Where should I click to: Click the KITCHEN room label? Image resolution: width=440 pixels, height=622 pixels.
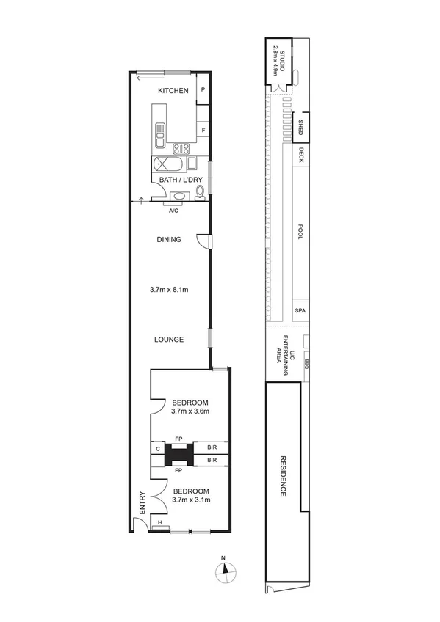coord(173,90)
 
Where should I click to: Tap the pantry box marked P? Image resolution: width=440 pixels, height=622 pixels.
coord(203,90)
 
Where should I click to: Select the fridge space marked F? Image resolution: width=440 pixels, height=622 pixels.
coord(203,131)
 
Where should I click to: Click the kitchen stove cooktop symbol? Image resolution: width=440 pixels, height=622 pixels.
coord(178,147)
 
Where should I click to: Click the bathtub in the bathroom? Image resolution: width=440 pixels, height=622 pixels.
coord(168,164)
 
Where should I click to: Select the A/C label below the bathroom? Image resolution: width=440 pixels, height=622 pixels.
coord(173,211)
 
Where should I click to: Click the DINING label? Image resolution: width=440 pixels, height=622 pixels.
coord(169,239)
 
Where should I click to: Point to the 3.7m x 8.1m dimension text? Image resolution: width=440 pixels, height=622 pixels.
coord(169,290)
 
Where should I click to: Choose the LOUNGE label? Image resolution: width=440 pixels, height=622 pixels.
coord(169,339)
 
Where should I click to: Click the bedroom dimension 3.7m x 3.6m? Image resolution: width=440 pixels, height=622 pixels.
coord(190,411)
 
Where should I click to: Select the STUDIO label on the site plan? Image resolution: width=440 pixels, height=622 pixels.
coord(277,60)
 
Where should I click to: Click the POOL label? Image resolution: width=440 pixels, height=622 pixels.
coord(300,233)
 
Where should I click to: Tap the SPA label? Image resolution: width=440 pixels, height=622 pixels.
coord(300,310)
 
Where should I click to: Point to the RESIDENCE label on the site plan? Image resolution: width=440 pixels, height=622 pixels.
coord(283,477)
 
